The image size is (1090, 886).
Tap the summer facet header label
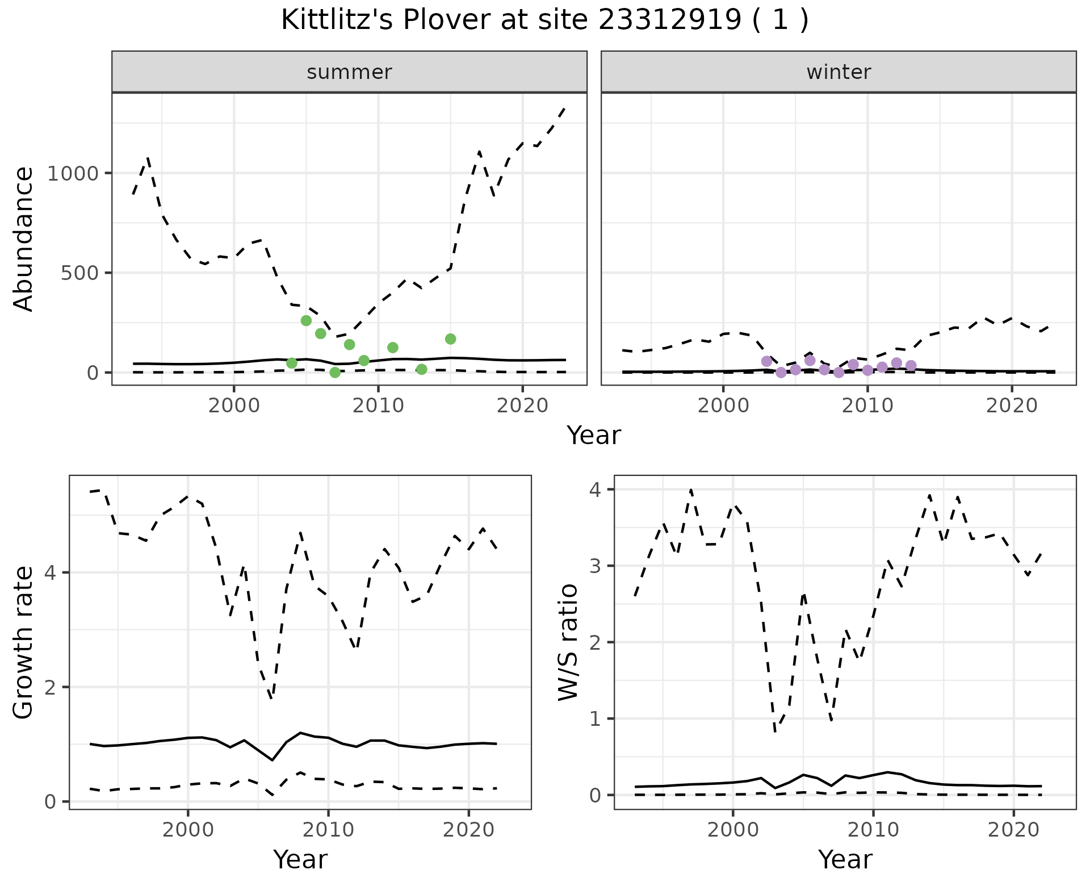pyautogui.click(x=349, y=72)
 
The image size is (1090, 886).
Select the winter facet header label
pyautogui.click(x=839, y=72)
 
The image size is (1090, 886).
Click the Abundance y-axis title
pyautogui.click(x=24, y=239)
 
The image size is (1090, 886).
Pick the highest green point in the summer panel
pyautogui.click(x=306, y=321)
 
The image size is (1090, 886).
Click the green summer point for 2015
pyautogui.click(x=451, y=339)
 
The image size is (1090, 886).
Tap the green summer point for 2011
pyautogui.click(x=393, y=348)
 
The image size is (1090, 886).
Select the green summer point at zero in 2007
pyautogui.click(x=335, y=373)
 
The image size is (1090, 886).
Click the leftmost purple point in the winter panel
pyautogui.click(x=766, y=361)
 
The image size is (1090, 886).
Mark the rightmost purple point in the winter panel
pyautogui.click(x=911, y=366)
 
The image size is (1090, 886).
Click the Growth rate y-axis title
pyautogui.click(x=24, y=642)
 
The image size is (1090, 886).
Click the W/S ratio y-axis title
pyautogui.click(x=568, y=642)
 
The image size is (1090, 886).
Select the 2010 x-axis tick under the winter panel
pyautogui.click(x=867, y=406)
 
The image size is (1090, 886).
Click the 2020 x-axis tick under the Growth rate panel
pyautogui.click(x=468, y=830)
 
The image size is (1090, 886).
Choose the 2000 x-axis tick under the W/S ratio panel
pyautogui.click(x=733, y=830)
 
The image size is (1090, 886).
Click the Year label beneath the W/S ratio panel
pyautogui.click(x=845, y=860)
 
